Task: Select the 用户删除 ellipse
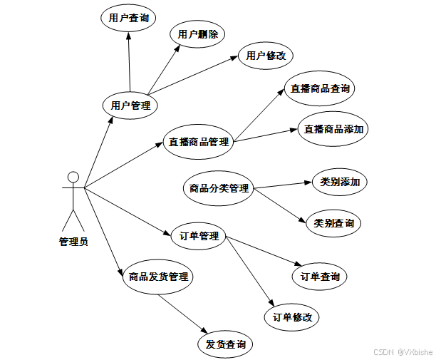point(197,34)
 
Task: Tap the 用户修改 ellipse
point(266,56)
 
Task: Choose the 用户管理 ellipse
point(130,106)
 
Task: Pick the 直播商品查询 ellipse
point(320,88)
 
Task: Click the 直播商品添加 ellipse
point(333,129)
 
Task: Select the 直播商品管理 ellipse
point(199,141)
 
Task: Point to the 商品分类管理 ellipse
point(219,188)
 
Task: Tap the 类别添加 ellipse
point(340,182)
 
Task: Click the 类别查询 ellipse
point(333,223)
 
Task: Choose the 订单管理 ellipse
point(199,236)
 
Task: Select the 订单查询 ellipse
point(320,276)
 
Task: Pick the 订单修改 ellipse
point(292,317)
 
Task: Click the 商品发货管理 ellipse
point(157,276)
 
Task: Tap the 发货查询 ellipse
point(225,344)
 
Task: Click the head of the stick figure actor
point(72,176)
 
